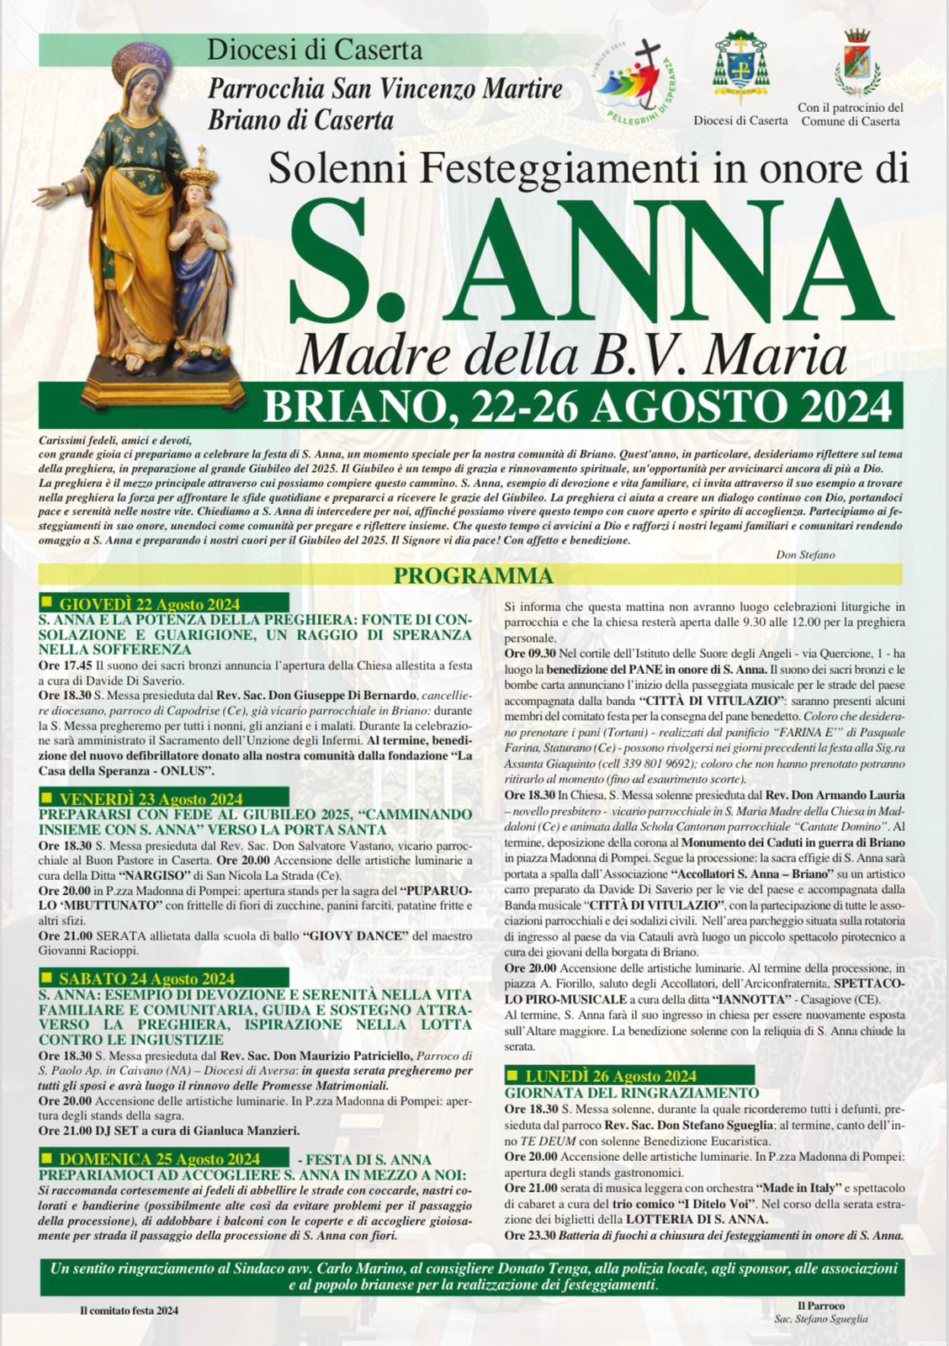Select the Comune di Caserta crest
[x=857, y=62]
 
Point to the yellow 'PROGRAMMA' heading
[x=474, y=576]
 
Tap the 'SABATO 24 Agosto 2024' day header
[x=147, y=978]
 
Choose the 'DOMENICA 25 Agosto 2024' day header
[x=160, y=1159]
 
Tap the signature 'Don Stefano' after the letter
[x=805, y=554]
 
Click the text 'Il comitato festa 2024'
[x=130, y=1310]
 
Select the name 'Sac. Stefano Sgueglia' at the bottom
[x=820, y=1318]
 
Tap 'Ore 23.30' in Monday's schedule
[x=530, y=1235]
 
